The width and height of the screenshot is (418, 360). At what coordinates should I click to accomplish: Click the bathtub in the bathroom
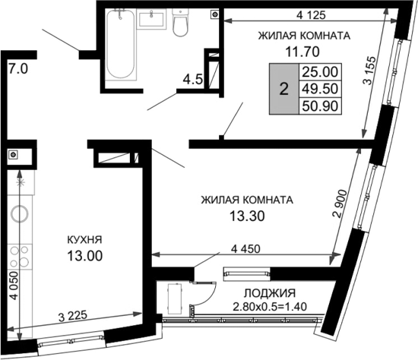(x=121, y=44)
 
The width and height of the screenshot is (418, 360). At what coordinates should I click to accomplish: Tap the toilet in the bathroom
(x=180, y=23)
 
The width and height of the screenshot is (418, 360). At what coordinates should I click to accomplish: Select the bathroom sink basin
(x=151, y=18)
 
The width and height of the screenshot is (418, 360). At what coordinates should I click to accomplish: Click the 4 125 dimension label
(x=311, y=15)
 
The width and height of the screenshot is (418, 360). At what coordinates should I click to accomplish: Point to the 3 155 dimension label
(x=370, y=70)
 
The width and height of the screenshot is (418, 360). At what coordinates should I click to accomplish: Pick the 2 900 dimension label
(x=341, y=204)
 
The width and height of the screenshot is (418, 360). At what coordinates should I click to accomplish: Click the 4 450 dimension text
(x=245, y=249)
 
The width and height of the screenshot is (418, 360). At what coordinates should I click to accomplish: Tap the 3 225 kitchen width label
(x=72, y=316)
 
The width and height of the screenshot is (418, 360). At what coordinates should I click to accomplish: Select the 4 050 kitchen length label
(x=14, y=286)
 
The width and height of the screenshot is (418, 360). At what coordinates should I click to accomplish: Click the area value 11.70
(x=302, y=52)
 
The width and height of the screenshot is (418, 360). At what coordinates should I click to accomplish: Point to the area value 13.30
(x=248, y=216)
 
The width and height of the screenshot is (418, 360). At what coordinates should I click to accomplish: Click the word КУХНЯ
(x=84, y=240)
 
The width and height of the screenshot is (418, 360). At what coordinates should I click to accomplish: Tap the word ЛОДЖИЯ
(x=270, y=293)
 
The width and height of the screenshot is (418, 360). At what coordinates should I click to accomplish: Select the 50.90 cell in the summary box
(x=320, y=106)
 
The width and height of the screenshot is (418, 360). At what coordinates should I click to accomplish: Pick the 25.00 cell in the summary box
(x=320, y=72)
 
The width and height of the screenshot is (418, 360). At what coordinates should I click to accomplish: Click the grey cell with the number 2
(x=284, y=89)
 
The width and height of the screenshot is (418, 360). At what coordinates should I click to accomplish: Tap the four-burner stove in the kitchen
(x=20, y=257)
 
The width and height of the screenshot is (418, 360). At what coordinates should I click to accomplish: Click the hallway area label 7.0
(x=18, y=69)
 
